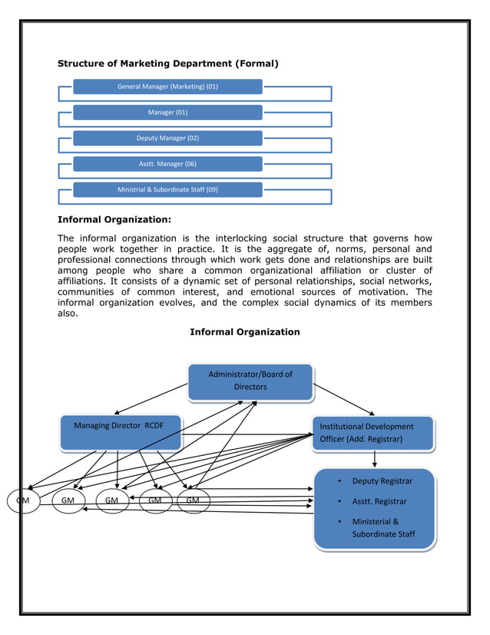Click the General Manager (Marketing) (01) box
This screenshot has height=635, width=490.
pos(167,87)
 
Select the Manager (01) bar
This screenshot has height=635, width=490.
pos(167,112)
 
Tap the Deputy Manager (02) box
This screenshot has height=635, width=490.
pos(167,138)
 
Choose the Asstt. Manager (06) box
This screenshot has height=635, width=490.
pos(167,164)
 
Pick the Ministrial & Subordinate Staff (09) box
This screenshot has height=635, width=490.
pos(167,189)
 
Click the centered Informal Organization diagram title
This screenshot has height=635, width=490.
pos(244,332)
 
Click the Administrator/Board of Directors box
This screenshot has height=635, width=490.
pos(250,381)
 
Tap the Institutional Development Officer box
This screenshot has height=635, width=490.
pos(373,432)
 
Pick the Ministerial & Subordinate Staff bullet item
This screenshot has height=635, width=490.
pos(382,527)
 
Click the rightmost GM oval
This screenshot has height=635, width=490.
pos(193,500)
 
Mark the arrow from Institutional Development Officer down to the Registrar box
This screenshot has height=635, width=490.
pos(374,458)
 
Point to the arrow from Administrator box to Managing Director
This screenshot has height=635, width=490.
pos(151,401)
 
